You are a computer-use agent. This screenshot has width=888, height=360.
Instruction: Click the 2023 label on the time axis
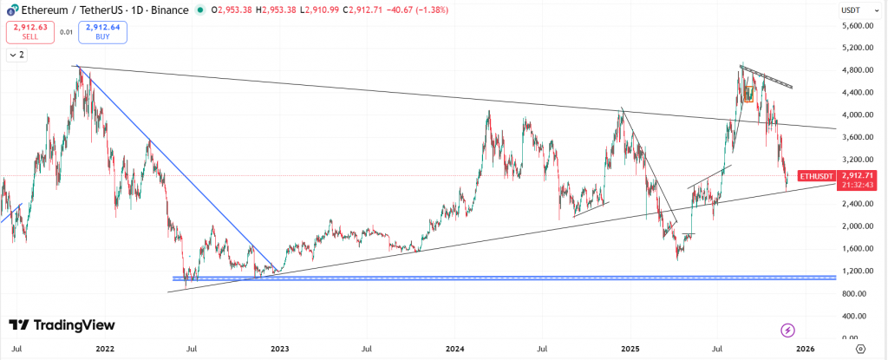(279, 349)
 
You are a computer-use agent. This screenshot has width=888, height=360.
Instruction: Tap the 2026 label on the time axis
(806, 349)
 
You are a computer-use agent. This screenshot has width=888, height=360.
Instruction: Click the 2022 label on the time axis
(105, 349)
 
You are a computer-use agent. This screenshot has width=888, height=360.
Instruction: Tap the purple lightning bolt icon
(787, 330)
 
